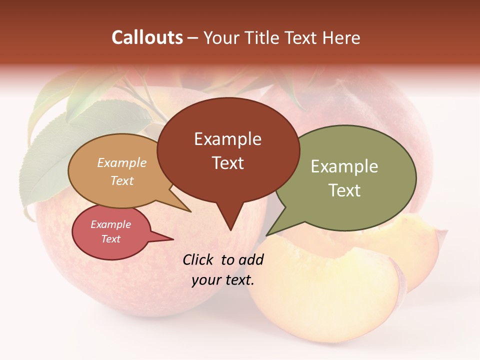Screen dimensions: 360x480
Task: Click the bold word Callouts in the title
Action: pyautogui.click(x=147, y=37)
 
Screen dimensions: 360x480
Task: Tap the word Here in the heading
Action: pyautogui.click(x=341, y=37)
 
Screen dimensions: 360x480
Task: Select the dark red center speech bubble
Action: pyautogui.click(x=228, y=150)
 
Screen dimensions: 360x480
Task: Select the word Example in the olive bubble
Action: pyautogui.click(x=344, y=166)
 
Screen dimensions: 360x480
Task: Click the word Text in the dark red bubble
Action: pyautogui.click(x=228, y=163)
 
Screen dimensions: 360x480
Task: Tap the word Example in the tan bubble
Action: pyautogui.click(x=122, y=162)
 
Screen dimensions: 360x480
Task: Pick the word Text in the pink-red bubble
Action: pyautogui.click(x=111, y=239)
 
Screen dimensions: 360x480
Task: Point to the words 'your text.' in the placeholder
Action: pyautogui.click(x=223, y=280)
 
